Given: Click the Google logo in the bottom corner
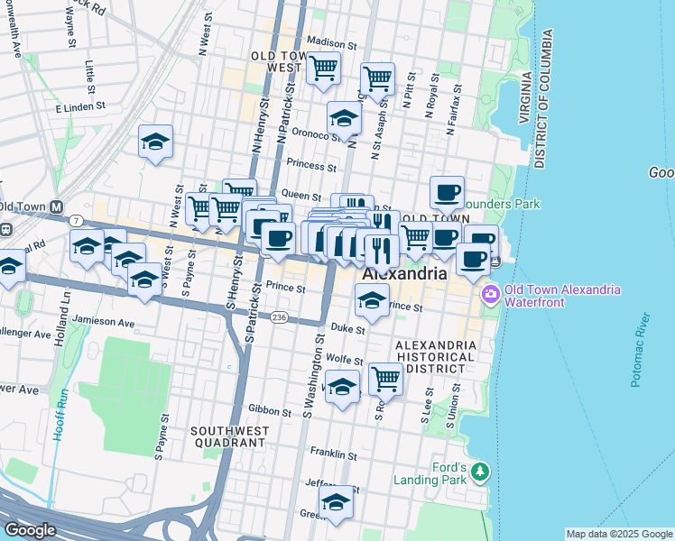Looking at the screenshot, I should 30,530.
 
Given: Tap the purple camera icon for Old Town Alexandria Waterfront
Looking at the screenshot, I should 491,294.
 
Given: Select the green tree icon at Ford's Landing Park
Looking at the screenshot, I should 481,472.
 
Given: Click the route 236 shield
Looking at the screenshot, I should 280,317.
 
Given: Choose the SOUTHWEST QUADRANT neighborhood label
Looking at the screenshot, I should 228,436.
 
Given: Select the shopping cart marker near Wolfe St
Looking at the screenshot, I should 384,377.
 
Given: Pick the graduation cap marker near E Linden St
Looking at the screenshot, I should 156,141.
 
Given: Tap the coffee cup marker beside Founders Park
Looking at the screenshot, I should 447,191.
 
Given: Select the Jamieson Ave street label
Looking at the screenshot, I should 105,322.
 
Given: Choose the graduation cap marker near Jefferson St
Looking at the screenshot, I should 337,501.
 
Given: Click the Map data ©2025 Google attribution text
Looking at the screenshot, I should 619,534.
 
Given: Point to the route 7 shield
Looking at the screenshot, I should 78,221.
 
